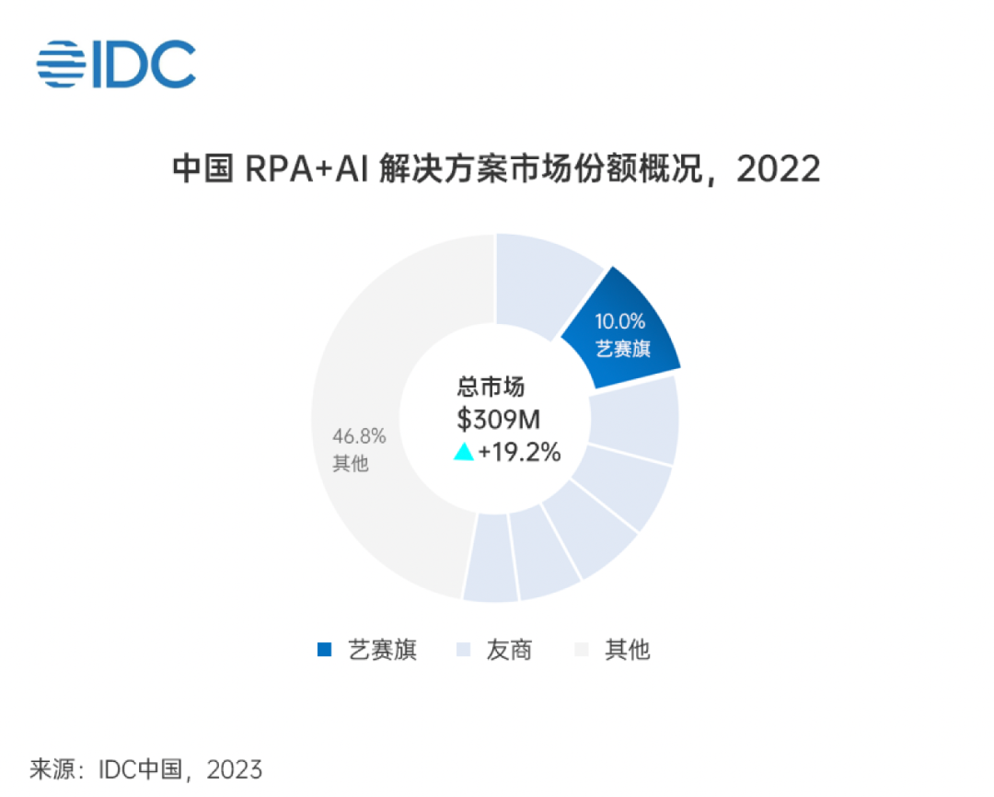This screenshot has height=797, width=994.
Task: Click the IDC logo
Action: [x=116, y=64]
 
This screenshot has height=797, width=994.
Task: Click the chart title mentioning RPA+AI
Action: [x=496, y=169]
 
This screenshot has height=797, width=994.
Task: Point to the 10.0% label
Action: [x=619, y=322]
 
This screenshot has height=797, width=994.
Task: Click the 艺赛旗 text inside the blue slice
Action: [x=623, y=350]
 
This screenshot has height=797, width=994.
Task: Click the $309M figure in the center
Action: [x=498, y=420]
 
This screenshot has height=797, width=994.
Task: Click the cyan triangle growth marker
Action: [x=464, y=452]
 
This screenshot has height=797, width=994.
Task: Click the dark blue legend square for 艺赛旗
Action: [x=324, y=650]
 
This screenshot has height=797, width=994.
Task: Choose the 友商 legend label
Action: [x=508, y=650]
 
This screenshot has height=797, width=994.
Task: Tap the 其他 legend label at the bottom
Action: [x=627, y=650]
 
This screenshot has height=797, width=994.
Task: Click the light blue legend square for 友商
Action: [x=464, y=650]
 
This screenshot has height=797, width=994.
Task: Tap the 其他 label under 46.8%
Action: [x=350, y=463]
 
